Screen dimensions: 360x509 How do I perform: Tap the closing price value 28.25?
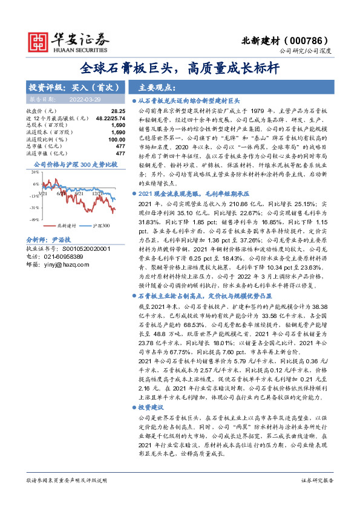(118, 112)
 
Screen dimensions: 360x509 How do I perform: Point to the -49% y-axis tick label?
(34, 219)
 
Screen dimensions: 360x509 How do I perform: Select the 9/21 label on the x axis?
(79, 193)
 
